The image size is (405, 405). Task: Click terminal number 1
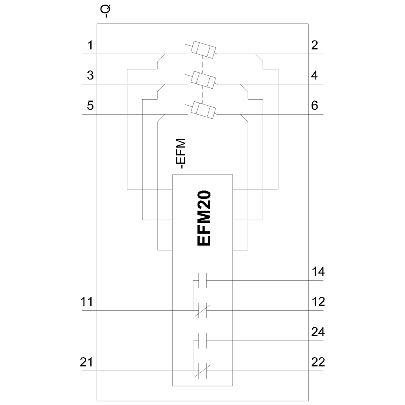pos(90,45)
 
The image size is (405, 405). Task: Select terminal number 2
pos(314,45)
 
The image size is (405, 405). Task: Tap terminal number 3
pos(90,75)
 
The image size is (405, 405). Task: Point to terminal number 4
pos(314,75)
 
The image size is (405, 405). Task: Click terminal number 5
pos(90,106)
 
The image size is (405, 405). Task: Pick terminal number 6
pos(314,106)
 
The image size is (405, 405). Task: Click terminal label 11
pos(87,302)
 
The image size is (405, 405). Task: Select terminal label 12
pos(318,302)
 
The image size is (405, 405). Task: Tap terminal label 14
pos(318,272)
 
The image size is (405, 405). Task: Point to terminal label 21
pos(86,362)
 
